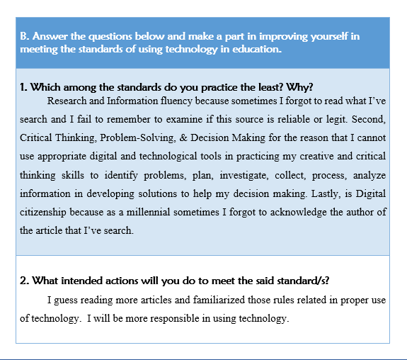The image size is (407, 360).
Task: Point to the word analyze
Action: point(367,174)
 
